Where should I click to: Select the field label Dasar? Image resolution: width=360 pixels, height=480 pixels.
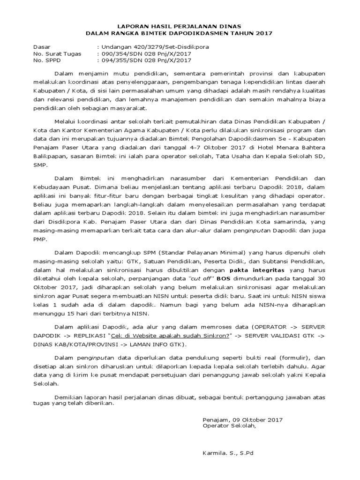(x=41, y=47)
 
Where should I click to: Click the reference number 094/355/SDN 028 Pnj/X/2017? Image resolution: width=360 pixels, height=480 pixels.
(x=144, y=60)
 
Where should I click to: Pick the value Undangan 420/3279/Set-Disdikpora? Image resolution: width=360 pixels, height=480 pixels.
(x=153, y=47)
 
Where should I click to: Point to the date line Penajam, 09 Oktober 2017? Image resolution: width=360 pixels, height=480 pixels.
(x=242, y=420)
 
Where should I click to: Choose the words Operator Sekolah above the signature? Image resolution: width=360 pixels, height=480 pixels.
(x=229, y=426)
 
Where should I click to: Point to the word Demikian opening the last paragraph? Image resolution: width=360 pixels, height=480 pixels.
(x=69, y=397)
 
